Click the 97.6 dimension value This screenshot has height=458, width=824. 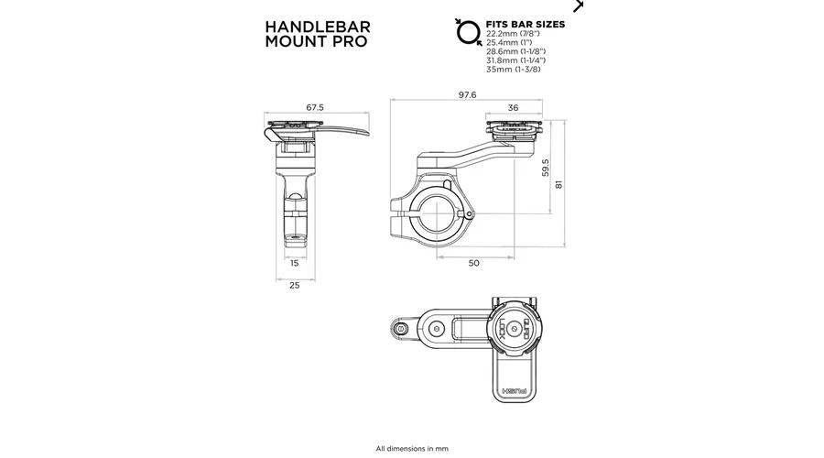(x=467, y=94)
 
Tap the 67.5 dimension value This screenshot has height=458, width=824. (x=315, y=107)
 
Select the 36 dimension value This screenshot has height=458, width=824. (x=513, y=108)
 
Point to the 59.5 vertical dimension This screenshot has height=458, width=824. (x=546, y=168)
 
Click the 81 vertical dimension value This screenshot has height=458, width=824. (x=558, y=184)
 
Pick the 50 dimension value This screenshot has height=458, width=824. (x=473, y=263)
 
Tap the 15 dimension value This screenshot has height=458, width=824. (x=294, y=263)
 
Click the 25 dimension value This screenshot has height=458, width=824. (x=294, y=285)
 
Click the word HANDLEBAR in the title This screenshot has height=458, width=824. (x=318, y=27)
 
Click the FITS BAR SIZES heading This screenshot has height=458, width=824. (x=525, y=24)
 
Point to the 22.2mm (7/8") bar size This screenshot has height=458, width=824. (x=513, y=34)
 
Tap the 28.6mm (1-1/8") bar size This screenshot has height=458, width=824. (x=515, y=51)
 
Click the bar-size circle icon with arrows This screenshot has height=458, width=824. (x=468, y=33)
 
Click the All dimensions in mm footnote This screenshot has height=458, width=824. (x=412, y=449)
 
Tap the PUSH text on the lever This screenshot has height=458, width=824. (x=515, y=392)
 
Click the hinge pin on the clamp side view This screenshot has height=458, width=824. (x=470, y=214)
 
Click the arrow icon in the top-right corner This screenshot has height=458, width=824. (x=578, y=5)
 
